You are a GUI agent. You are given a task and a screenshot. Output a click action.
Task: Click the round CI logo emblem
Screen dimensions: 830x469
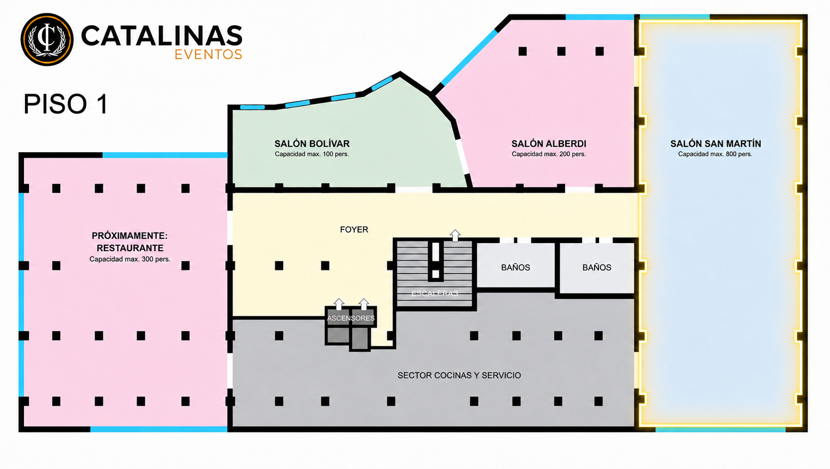coord(47,39)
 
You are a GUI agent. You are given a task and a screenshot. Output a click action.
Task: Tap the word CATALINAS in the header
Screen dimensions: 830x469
coord(162,36)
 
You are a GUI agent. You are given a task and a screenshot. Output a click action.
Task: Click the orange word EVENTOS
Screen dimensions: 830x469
coord(208,54)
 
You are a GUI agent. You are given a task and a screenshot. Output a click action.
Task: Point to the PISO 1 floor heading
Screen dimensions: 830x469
coord(66,104)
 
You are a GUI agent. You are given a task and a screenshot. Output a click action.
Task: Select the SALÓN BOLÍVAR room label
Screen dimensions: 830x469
coord(312,144)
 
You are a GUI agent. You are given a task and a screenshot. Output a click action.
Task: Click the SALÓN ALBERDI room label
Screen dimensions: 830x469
coord(549,144)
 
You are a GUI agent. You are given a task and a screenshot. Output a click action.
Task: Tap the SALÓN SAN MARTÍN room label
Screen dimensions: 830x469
coord(716,144)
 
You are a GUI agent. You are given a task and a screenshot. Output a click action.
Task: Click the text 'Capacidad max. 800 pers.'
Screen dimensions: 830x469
coord(715,154)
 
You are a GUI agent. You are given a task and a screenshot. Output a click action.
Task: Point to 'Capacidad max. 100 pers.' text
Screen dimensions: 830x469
coord(312,154)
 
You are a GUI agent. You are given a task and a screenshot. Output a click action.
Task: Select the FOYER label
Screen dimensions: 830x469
coord(354,230)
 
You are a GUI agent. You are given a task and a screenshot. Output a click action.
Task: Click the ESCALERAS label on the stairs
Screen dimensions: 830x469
coord(434,293)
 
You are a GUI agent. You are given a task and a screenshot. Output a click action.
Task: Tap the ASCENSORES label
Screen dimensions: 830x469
coord(350,318)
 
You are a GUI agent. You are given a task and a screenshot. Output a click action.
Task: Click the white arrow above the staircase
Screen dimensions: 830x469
coord(455,236)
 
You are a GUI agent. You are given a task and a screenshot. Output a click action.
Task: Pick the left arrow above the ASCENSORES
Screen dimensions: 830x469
coord(339,304)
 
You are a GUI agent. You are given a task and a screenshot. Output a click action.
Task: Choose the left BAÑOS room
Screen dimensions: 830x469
coord(516,265)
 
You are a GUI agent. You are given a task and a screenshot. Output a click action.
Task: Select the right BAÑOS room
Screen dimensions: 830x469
coord(597,268)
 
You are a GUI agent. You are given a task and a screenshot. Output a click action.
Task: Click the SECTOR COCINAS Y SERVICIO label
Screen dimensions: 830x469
coord(459,375)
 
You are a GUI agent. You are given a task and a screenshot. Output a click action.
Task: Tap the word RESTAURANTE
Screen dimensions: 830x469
coord(130,248)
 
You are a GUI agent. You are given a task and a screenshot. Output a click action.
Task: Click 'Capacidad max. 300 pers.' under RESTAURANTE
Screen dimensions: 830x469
coord(130,259)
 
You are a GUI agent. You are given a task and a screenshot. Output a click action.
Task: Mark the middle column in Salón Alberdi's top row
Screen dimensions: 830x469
coord(561,51)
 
